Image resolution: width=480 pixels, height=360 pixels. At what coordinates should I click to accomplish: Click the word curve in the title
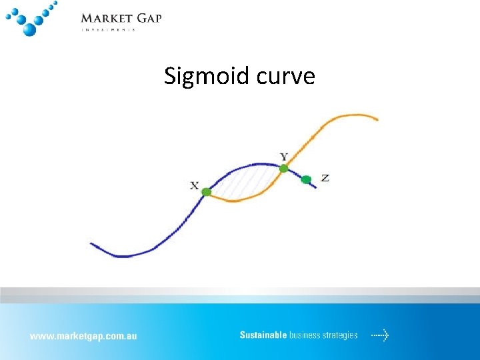tap(283, 77)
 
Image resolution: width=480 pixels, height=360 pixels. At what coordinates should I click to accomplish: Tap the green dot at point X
tap(207, 192)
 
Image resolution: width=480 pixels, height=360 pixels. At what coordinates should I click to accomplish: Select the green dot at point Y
tap(283, 169)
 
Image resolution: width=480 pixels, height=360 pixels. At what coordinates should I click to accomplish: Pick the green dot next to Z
tap(306, 179)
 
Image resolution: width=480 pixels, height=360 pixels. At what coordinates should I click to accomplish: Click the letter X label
tap(194, 185)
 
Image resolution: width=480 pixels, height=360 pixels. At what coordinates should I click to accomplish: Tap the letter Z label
tap(325, 178)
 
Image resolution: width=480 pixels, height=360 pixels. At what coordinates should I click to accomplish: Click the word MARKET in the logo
tap(107, 18)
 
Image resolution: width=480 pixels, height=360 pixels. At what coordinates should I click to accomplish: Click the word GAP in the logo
tap(149, 18)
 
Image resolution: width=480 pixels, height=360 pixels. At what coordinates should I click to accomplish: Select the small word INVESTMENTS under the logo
tap(108, 29)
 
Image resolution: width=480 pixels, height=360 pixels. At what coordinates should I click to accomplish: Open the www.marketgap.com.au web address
tap(83, 336)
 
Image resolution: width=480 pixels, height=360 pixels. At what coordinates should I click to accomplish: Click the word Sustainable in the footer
tap(263, 335)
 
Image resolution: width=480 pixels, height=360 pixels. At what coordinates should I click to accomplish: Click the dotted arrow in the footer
tap(380, 335)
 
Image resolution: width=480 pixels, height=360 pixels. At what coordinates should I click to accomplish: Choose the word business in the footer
tap(305, 335)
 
